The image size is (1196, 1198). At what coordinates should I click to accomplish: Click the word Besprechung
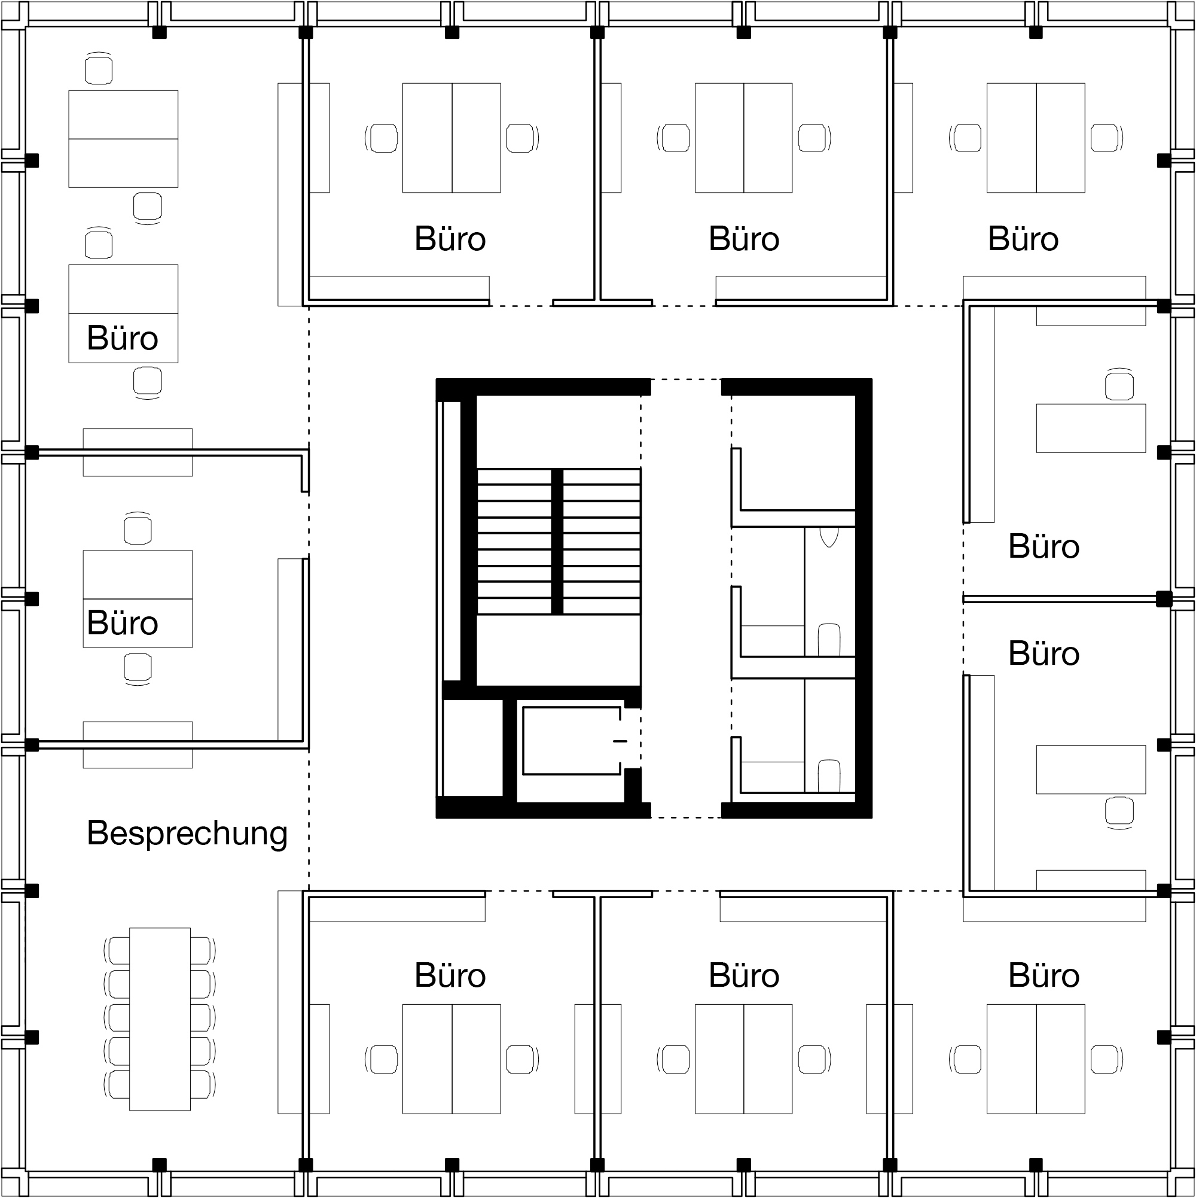tap(187, 834)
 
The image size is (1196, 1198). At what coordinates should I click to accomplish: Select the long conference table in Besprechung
tap(160, 1019)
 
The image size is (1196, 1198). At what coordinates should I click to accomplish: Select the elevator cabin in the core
tap(571, 741)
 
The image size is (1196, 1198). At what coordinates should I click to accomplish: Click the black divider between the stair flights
tap(557, 542)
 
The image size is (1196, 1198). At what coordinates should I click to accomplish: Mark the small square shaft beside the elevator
tap(473, 747)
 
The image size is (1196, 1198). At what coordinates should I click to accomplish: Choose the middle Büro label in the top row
tap(744, 239)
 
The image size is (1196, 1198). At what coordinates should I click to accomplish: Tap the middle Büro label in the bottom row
tap(744, 975)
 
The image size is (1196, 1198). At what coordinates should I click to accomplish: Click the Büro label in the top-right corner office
tap(1023, 239)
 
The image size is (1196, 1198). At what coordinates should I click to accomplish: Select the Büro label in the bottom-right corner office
tap(1044, 975)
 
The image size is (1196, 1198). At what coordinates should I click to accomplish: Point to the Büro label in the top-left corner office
tap(123, 339)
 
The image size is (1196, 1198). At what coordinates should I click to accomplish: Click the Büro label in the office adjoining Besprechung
tap(123, 623)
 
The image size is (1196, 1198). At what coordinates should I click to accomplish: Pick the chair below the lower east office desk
tap(1119, 811)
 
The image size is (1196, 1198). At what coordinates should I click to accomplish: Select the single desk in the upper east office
tap(1091, 428)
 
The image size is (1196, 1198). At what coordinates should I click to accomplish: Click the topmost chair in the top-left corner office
tap(99, 69)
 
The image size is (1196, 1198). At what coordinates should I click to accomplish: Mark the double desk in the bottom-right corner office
tap(1036, 1059)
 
